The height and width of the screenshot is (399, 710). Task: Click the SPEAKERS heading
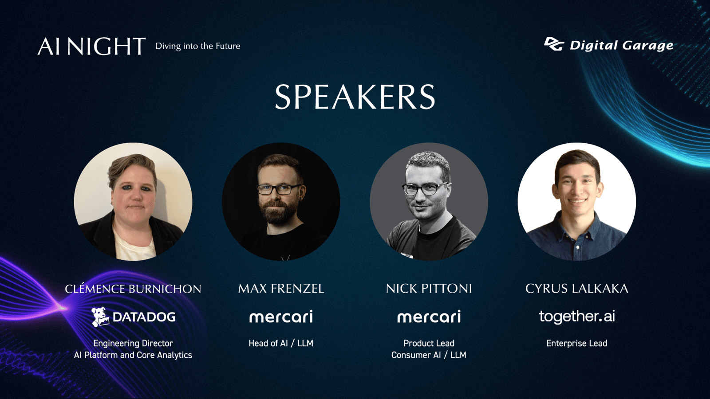coord(355,97)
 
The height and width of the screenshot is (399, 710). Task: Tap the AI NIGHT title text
coord(91,46)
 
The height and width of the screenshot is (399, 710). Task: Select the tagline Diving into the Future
coord(198,46)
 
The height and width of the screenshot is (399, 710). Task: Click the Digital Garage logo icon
coord(554,44)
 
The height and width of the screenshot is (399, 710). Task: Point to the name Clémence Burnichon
coord(133,289)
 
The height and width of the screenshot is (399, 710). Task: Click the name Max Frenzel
coord(281,289)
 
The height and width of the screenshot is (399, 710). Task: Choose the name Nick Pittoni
coord(429,289)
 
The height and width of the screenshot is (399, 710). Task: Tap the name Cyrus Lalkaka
coord(577,289)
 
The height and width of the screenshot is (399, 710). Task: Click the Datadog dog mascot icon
coord(100,317)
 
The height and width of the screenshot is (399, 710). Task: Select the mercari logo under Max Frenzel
coord(281,317)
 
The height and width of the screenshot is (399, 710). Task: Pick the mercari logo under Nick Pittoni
coord(429,317)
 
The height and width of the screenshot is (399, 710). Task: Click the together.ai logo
coord(577,317)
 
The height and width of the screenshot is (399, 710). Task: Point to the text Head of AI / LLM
coord(281,343)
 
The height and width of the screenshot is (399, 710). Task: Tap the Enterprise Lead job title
coord(577,343)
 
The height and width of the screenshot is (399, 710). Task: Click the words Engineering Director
coord(133,343)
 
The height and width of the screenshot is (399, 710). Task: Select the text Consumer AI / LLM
coord(429,355)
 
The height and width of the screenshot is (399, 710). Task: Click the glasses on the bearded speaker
coord(279,189)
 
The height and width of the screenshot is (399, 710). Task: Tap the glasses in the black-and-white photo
coord(425,189)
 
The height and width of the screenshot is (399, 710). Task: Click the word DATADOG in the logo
coord(144,317)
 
